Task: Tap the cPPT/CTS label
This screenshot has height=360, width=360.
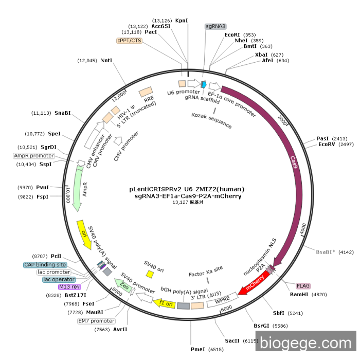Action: pos(129,41)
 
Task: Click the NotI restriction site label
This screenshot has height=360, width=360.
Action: pos(106,61)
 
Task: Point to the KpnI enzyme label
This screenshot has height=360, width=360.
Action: pos(182,21)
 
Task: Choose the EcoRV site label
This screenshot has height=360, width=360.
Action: pos(326,145)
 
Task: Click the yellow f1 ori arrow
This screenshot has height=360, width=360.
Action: pos(164,303)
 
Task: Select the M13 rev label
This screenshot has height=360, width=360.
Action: pos(70,287)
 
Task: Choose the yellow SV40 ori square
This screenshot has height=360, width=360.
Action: pos(150,275)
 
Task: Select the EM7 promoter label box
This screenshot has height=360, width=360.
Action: pos(96,321)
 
